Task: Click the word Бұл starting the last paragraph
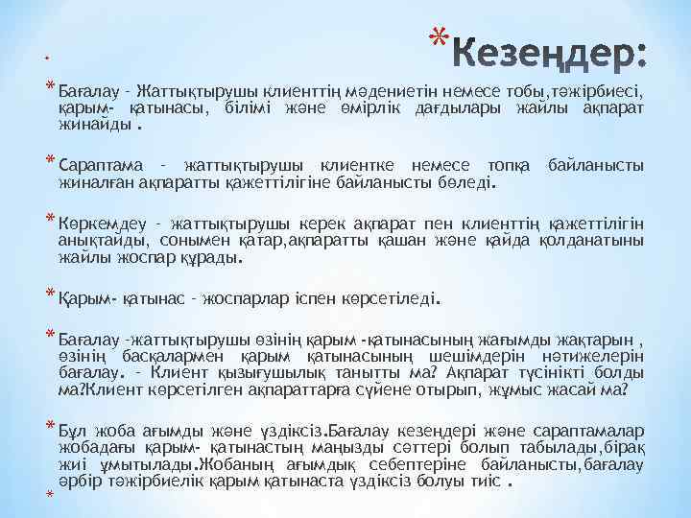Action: pyautogui.click(x=74, y=430)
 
